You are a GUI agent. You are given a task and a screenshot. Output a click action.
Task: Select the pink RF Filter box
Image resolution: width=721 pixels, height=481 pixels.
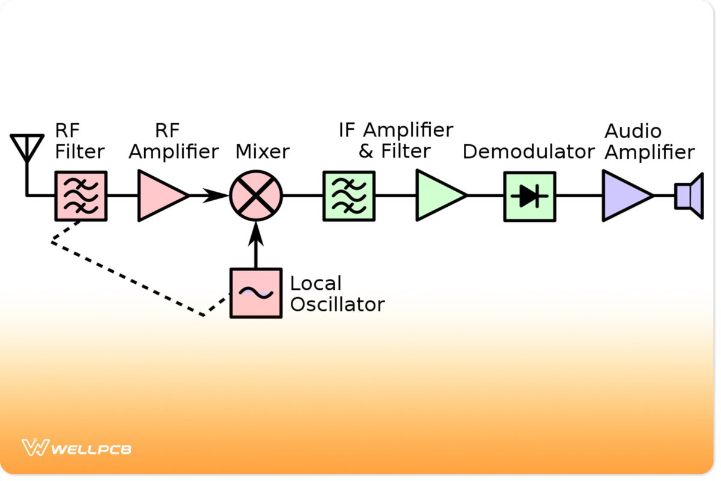click(81, 196)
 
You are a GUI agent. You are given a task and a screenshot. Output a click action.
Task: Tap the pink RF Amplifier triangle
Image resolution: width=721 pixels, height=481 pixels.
click(159, 195)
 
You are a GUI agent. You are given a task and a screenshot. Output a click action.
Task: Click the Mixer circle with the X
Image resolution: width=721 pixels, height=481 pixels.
click(256, 195)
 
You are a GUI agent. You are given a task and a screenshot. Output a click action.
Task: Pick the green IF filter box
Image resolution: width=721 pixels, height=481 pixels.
click(349, 196)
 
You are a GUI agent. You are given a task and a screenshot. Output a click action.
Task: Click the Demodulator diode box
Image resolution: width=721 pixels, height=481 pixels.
click(529, 196)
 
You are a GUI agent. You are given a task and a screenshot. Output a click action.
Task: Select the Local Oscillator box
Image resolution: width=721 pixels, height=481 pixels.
click(256, 293)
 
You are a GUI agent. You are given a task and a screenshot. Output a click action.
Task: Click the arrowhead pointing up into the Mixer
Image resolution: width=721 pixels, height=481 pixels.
click(256, 231)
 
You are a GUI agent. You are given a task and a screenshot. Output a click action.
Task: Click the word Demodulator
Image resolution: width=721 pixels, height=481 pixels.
click(528, 152)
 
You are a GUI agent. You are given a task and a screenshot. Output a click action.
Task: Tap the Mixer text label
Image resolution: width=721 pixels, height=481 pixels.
click(263, 152)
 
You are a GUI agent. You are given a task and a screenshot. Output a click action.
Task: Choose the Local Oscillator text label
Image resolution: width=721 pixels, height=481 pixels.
click(336, 294)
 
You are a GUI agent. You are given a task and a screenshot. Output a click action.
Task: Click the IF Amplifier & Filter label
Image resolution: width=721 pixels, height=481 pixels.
click(395, 141)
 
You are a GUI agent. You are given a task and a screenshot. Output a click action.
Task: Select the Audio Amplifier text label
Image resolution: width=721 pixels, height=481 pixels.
click(649, 142)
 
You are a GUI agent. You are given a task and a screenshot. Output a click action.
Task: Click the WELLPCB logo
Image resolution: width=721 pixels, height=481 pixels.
click(77, 449)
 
